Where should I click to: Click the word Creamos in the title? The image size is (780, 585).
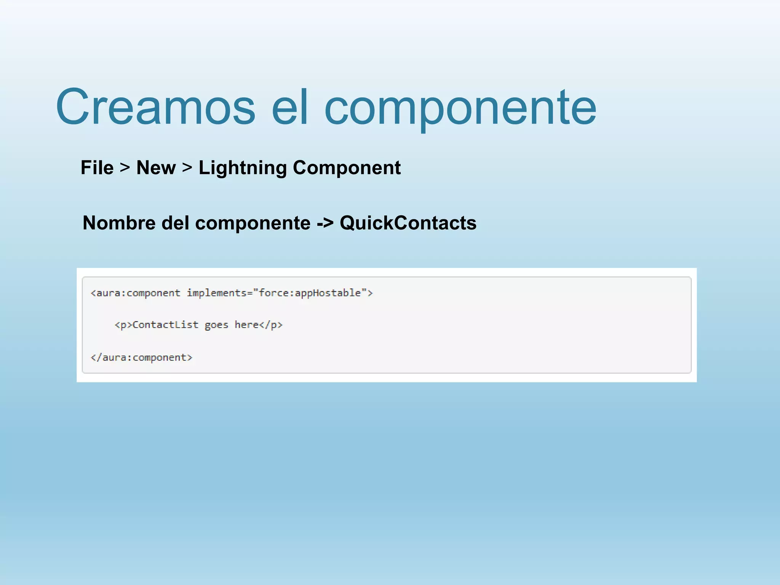[x=155, y=107]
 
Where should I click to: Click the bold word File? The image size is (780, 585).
[x=97, y=168]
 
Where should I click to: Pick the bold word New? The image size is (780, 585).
[x=156, y=168]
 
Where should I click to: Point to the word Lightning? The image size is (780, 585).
[x=243, y=168]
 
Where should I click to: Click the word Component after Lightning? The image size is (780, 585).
[x=347, y=168]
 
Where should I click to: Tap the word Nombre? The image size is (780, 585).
[x=119, y=223]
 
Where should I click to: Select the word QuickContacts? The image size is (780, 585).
[x=408, y=223]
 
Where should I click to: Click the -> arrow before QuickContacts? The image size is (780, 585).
[x=325, y=224]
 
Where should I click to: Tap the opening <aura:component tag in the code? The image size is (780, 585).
[x=136, y=293]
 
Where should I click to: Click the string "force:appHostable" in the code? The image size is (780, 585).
[x=310, y=293]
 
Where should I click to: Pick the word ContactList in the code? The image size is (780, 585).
[x=165, y=325]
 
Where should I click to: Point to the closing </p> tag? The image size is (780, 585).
[x=271, y=325]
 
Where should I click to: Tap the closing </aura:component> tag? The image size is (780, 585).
[x=141, y=358]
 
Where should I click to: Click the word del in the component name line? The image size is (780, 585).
[x=175, y=223]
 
